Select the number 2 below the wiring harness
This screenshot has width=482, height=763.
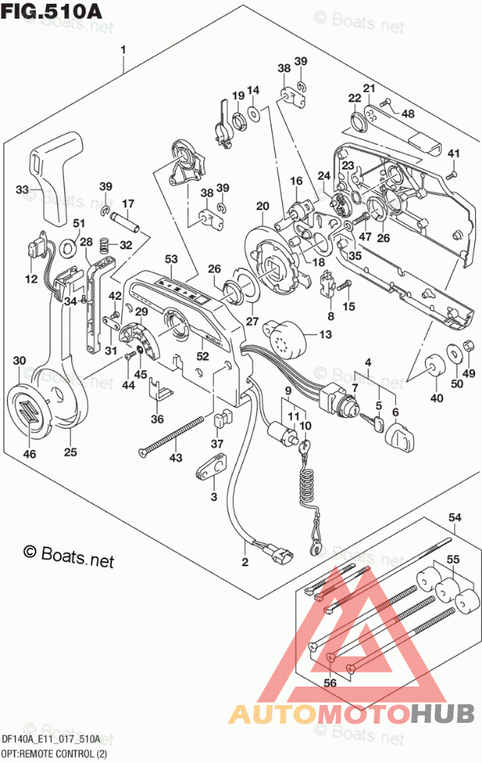pos(245,561)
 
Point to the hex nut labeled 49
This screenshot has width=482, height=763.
pos(467,347)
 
